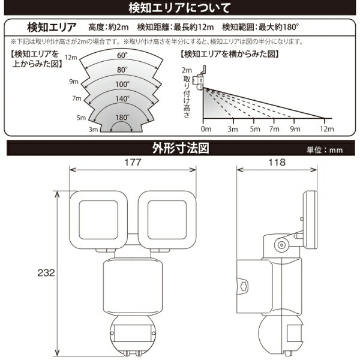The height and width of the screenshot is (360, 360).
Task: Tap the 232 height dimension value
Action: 46,272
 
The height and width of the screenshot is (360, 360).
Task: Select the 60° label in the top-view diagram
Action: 122,56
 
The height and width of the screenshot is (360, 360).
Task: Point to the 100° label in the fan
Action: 122,83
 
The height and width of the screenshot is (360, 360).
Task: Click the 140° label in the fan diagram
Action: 122,100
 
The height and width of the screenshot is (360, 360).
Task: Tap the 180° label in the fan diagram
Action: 122,117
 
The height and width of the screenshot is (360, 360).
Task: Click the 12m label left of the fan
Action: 72,58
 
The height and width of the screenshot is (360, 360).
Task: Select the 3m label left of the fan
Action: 93,130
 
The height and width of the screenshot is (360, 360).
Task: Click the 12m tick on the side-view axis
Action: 326,129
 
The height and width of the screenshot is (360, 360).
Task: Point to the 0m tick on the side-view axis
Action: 206,129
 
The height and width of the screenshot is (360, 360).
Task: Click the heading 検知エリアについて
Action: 179,8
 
